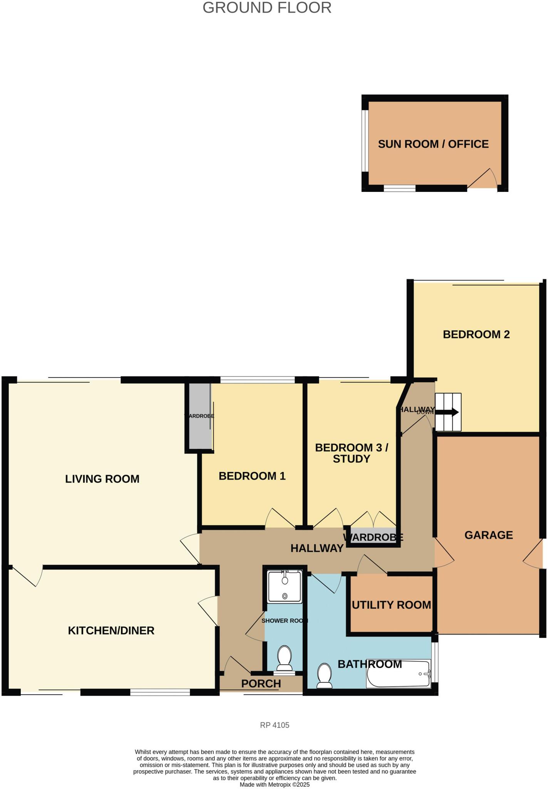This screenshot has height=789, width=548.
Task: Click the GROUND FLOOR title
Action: (x=267, y=8)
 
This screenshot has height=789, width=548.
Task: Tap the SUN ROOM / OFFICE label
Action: (x=433, y=144)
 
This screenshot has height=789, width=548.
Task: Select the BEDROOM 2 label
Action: (x=476, y=334)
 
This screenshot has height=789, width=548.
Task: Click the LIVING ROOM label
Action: (x=102, y=479)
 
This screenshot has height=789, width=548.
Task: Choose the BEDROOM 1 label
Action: (x=252, y=476)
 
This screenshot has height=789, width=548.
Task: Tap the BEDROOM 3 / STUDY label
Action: (x=351, y=453)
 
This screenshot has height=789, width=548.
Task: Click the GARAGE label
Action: (x=488, y=535)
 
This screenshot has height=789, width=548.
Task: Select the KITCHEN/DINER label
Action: (x=111, y=631)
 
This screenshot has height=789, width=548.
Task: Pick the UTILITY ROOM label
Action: (x=391, y=605)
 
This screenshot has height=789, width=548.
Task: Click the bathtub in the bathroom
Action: (x=399, y=674)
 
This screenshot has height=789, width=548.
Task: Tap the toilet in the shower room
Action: (x=285, y=658)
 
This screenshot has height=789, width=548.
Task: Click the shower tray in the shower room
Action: (x=285, y=586)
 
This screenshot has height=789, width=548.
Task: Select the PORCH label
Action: (x=261, y=683)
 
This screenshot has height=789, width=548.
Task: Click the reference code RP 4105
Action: (x=275, y=725)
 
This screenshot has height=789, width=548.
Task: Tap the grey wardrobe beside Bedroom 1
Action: (x=199, y=416)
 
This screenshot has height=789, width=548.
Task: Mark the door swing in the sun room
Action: (x=483, y=179)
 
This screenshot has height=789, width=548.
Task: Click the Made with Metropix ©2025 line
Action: (x=275, y=784)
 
